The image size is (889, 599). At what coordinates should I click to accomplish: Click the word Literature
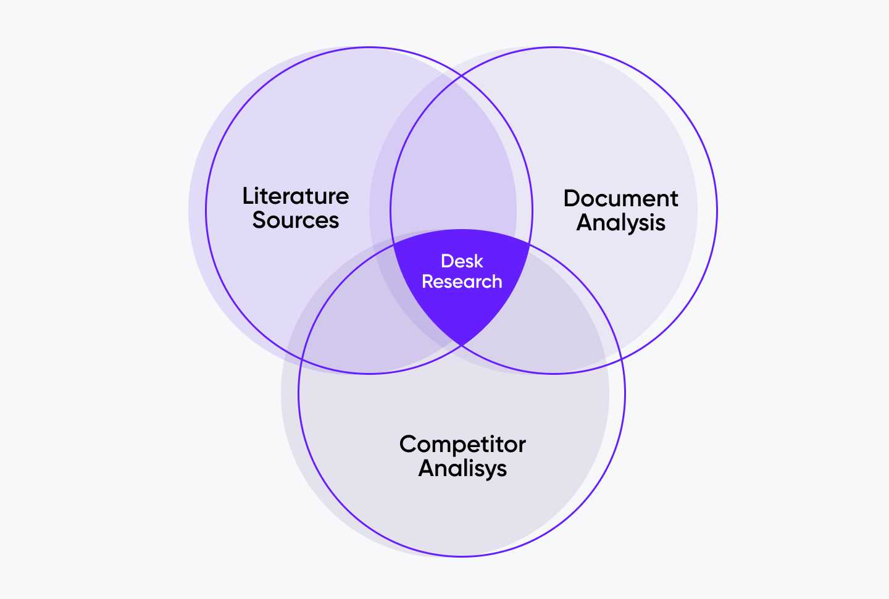pos(296,196)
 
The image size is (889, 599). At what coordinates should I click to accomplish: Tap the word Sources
pos(296,220)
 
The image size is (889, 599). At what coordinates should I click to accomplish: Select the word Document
pos(620,198)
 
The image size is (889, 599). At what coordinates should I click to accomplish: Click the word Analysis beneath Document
pos(620,223)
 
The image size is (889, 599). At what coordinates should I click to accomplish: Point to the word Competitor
pos(462,445)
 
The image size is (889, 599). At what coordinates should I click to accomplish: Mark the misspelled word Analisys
pos(462,469)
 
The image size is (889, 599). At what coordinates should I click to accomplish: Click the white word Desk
pos(462,261)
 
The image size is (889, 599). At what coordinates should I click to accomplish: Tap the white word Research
pos(462,282)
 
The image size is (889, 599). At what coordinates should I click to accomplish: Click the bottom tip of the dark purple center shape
pos(462,345)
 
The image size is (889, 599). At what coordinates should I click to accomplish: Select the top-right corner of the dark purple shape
pos(530,242)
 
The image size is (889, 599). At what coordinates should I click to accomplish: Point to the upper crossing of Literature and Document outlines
pos(462,75)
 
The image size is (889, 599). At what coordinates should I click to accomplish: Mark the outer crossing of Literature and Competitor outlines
pos(301,359)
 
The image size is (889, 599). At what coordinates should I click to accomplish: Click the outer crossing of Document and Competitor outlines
pos(622,359)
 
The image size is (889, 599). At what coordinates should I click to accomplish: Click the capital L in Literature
pos(248,196)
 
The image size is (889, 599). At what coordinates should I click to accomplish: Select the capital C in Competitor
pos(409,444)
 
